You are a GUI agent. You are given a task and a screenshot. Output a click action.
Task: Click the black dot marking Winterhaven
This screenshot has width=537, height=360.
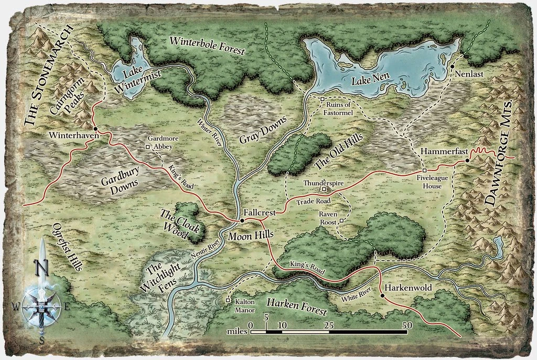click(95, 129)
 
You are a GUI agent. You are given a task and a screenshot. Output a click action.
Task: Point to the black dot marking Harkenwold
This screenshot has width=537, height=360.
click(382, 296)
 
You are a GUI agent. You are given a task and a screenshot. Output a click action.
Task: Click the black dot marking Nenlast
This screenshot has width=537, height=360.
click(452, 67)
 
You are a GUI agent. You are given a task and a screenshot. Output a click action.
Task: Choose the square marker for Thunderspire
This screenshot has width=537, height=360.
click(324, 189)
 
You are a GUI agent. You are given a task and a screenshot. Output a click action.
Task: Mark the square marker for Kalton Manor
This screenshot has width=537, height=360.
click(228, 301)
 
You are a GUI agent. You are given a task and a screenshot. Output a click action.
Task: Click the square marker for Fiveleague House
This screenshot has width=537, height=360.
click(424, 171)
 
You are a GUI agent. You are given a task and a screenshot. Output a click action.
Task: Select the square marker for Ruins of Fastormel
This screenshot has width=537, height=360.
click(323, 99)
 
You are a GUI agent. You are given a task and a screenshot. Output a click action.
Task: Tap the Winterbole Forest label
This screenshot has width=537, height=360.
click(207, 46)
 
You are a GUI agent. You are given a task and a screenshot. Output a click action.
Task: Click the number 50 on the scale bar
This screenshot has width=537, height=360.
click(406, 325)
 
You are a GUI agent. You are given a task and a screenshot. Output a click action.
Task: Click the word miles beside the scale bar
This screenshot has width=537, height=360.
click(237, 332)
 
